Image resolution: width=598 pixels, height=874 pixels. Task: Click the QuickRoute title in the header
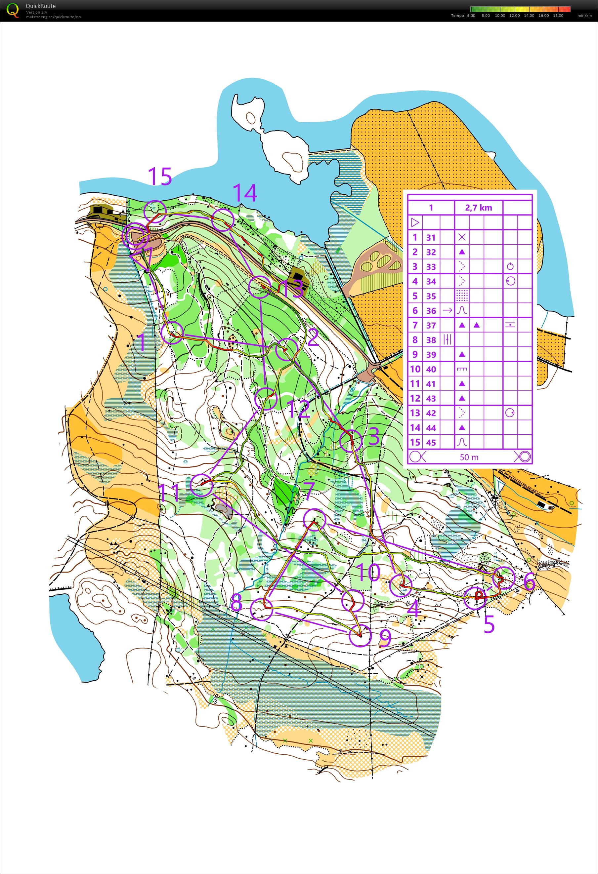pyautogui.click(x=41, y=6)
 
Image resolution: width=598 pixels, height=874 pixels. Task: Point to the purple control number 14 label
pyautogui.click(x=245, y=193)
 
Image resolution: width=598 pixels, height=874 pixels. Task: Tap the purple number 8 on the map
pyautogui.click(x=236, y=603)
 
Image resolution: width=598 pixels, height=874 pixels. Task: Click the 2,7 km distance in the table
pyautogui.click(x=478, y=208)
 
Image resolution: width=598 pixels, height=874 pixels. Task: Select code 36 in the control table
pyautogui.click(x=431, y=311)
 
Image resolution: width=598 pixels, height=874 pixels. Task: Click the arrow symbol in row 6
pyautogui.click(x=447, y=311)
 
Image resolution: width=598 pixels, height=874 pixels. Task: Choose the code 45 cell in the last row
pyautogui.click(x=431, y=442)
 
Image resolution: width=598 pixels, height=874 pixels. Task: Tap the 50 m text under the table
pyautogui.click(x=469, y=457)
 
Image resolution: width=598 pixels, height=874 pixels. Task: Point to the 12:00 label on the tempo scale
pyautogui.click(x=514, y=16)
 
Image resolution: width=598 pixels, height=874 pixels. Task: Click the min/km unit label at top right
pyautogui.click(x=584, y=16)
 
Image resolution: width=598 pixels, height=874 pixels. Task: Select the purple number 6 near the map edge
pyautogui.click(x=529, y=582)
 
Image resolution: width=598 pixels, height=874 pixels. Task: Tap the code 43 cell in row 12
pyautogui.click(x=431, y=398)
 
